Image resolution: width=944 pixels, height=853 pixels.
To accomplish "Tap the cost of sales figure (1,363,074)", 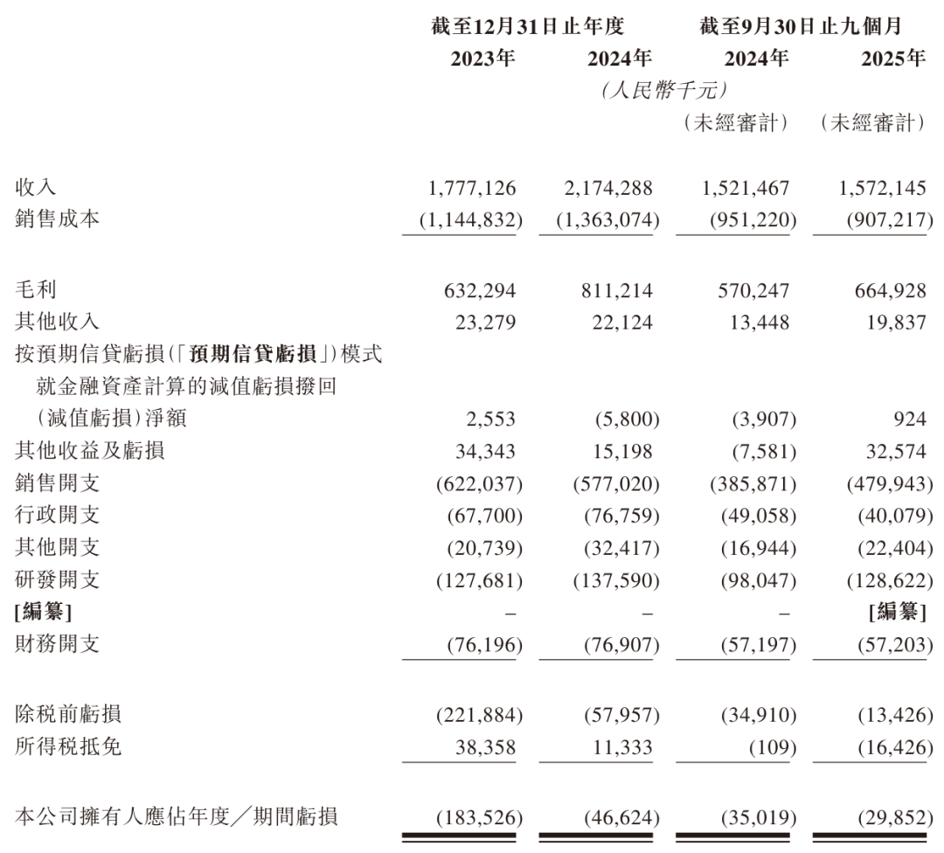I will (x=608, y=218).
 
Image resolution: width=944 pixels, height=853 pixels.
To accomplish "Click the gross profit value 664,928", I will (x=884, y=290).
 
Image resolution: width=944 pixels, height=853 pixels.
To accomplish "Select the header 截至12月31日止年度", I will (x=527, y=27).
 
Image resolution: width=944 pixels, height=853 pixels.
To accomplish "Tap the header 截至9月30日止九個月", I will (x=801, y=27).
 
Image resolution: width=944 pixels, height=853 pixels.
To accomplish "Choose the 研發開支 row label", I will (x=58, y=579).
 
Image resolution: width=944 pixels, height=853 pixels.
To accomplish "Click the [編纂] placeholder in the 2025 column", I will (x=898, y=612).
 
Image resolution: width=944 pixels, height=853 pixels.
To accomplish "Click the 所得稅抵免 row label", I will (x=68, y=747).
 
